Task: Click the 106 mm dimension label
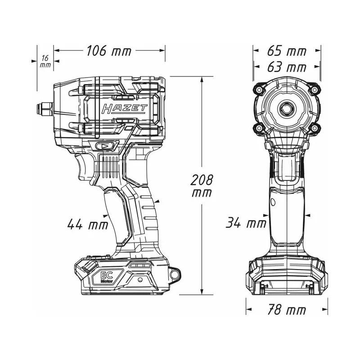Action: (109, 51)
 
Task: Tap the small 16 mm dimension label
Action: (45, 61)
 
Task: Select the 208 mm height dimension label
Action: (202, 186)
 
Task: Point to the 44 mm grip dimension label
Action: (87, 224)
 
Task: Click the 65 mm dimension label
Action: (287, 51)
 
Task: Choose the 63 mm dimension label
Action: (287, 67)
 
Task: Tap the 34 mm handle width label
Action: (246, 222)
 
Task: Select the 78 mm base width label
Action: (287, 310)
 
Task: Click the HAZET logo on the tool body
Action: (124, 108)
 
